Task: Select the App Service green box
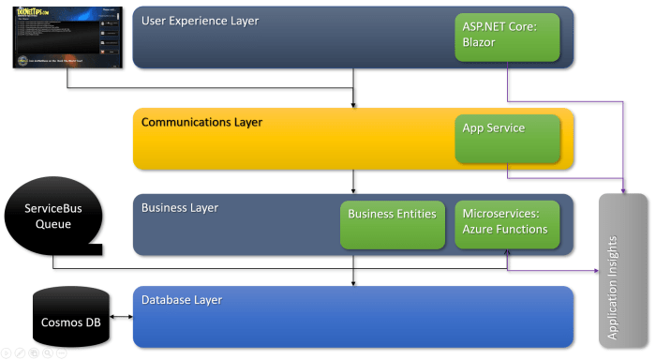coord(507,138)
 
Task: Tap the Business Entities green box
coord(392,223)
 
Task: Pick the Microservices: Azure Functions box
coord(507,223)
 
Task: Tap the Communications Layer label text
coord(201,122)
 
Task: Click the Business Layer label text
coord(179,207)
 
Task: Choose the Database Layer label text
coord(182,299)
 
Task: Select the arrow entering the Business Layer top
coord(352,188)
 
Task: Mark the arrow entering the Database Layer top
coord(352,281)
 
